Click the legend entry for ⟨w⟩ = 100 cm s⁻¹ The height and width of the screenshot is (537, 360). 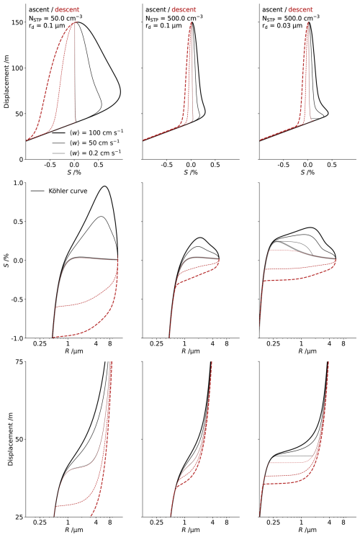87,132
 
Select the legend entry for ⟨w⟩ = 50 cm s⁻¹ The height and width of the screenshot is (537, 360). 86,143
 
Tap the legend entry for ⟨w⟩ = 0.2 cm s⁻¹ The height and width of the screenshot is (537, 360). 86,153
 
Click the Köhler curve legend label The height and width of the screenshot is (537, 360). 59,191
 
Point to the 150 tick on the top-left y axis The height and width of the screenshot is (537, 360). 18,22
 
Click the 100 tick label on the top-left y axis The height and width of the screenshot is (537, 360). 18,68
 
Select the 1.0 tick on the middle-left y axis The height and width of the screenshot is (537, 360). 19,183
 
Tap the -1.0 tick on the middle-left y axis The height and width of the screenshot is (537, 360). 18,338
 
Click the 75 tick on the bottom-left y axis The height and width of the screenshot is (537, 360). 20,361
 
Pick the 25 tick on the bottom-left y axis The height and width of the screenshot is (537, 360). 20,517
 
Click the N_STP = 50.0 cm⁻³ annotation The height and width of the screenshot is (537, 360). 55,17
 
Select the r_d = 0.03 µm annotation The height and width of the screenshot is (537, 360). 282,26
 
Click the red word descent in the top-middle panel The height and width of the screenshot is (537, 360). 184,9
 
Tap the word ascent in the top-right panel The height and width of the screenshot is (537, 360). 271,9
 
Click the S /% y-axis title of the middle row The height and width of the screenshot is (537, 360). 6,261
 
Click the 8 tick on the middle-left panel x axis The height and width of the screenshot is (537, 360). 110,343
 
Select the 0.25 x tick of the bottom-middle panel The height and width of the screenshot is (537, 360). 156,523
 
